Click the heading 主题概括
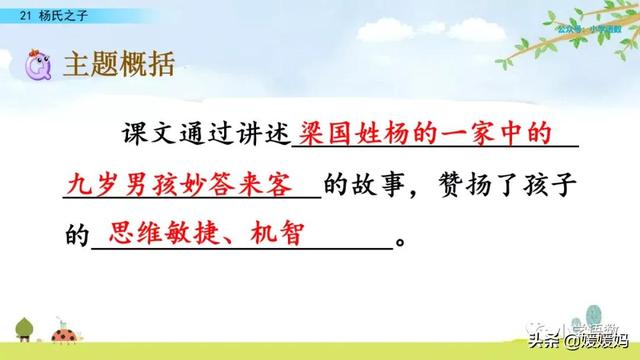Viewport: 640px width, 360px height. pyautogui.click(x=118, y=67)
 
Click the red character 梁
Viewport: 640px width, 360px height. pyautogui.click(x=314, y=134)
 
